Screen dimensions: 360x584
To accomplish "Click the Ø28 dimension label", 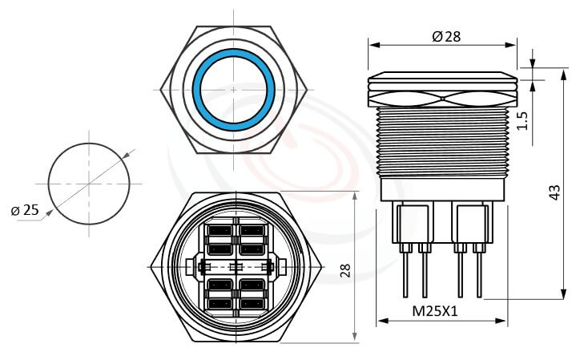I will point(445,36).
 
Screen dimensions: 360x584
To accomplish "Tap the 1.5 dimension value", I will point(523,120).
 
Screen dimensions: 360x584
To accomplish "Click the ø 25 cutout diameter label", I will point(26,210).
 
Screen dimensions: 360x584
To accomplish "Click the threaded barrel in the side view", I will point(442,140).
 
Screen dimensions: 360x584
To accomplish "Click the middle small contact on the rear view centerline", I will point(236,267).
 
